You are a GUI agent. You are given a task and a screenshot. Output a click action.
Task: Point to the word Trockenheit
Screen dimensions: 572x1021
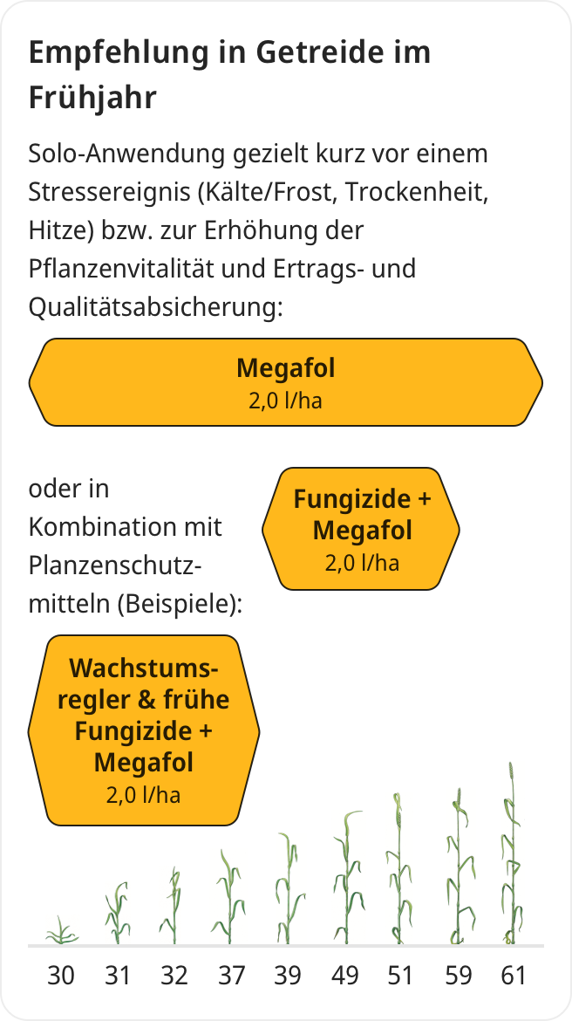click(x=417, y=192)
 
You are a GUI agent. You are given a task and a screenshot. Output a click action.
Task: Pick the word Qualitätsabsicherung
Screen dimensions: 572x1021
click(x=155, y=307)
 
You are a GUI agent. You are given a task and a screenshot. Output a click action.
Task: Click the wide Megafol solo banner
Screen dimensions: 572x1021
click(x=286, y=382)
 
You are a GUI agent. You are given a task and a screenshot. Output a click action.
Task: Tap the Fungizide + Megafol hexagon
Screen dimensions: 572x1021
click(x=361, y=529)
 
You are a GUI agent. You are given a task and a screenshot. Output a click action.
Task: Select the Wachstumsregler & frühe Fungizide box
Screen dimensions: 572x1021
click(x=144, y=730)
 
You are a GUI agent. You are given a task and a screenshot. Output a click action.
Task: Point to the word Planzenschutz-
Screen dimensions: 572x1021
click(x=115, y=566)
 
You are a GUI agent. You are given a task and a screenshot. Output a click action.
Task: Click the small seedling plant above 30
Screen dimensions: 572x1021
click(x=61, y=933)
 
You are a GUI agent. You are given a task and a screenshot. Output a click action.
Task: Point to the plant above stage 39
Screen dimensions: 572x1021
click(x=288, y=889)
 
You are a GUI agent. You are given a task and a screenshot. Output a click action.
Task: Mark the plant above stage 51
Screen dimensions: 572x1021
click(x=398, y=869)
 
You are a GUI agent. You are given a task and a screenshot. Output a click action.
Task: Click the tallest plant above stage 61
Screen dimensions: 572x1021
click(x=512, y=853)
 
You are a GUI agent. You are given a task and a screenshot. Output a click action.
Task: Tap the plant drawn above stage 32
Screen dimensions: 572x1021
click(x=174, y=906)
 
